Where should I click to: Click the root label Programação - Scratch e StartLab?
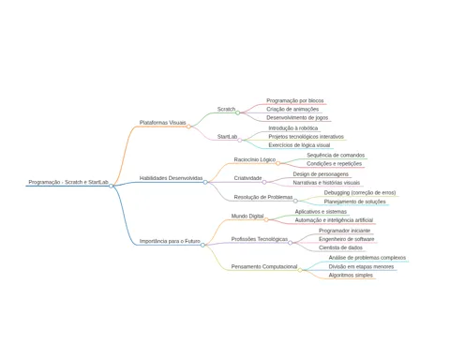(68, 182)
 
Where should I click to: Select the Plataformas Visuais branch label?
(162, 123)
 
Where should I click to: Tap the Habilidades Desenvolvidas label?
(171, 178)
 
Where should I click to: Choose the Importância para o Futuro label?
(170, 241)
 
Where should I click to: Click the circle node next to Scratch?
(237, 112)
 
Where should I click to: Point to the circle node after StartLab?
(240, 140)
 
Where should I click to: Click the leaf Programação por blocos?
(295, 100)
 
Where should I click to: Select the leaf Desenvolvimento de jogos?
(297, 118)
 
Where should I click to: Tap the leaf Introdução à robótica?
(293, 128)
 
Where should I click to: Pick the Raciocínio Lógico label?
(255, 159)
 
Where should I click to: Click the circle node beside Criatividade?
(264, 182)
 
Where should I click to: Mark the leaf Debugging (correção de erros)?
(360, 193)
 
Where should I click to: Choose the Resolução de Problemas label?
(263, 197)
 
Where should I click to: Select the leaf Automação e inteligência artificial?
(334, 220)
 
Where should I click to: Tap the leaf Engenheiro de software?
(346, 239)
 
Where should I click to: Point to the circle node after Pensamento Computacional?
(300, 270)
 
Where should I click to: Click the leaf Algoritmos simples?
(351, 276)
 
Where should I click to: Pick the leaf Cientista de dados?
(340, 247)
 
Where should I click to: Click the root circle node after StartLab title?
(111, 186)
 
